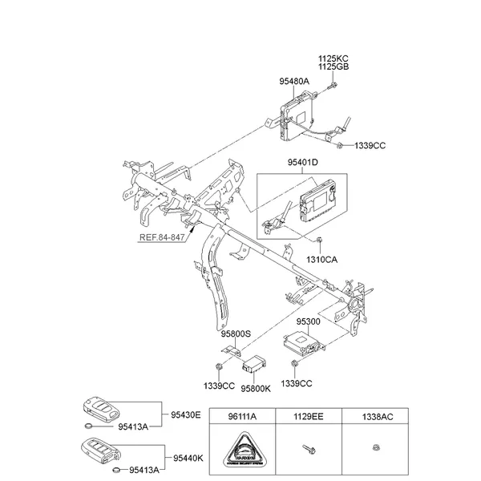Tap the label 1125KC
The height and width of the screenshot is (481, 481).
pos(333,59)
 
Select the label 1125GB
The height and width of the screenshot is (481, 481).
pos(333,67)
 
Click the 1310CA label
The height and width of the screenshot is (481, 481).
pos(322,260)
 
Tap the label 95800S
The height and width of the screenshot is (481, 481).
pos(236,333)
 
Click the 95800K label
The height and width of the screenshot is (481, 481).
pos(257,387)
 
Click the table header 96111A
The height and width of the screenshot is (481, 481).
pos(242,417)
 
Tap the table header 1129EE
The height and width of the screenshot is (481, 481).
pos(309,417)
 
